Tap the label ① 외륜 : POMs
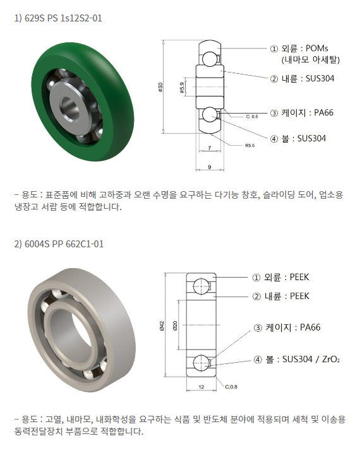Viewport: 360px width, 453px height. (299, 48)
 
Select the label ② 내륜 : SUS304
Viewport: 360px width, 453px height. (302, 78)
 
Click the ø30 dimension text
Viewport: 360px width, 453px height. (160, 87)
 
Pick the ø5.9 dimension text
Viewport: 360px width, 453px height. (182, 88)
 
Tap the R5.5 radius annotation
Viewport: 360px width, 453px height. (250, 145)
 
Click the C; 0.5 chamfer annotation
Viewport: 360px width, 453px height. (252, 117)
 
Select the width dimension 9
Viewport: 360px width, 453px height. (210, 167)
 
